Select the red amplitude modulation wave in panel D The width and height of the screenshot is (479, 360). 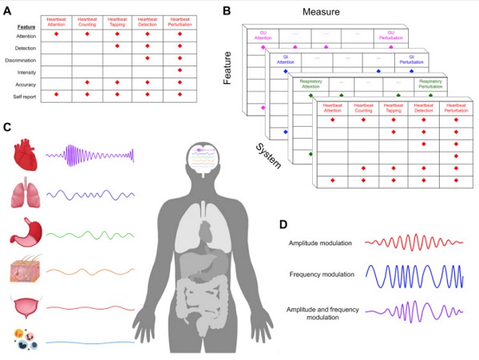[x=412, y=240]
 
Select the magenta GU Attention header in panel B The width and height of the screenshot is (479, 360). [x=262, y=36]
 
